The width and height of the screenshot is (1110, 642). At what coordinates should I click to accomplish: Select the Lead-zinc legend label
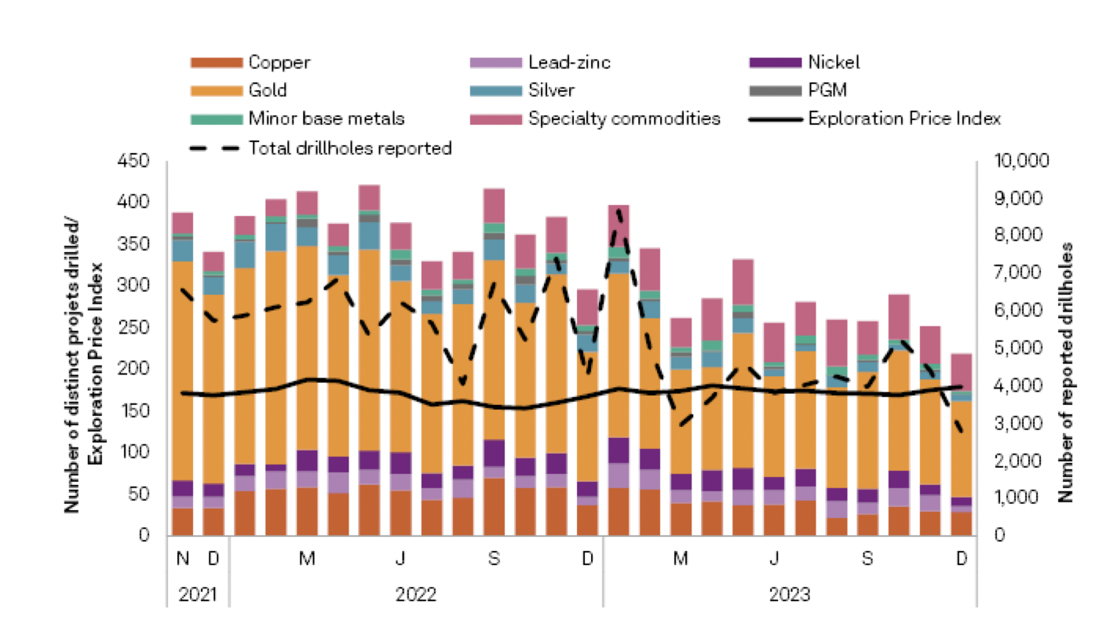pyautogui.click(x=569, y=62)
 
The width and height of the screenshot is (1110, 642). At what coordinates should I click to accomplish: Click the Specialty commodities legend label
pyautogui.click(x=624, y=119)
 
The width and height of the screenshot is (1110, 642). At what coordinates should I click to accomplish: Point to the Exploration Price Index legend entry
pyautogui.click(x=903, y=119)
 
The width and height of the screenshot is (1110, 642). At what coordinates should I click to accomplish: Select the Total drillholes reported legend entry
pyautogui.click(x=350, y=148)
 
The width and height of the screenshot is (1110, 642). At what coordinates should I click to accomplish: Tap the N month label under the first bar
pyautogui.click(x=183, y=559)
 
